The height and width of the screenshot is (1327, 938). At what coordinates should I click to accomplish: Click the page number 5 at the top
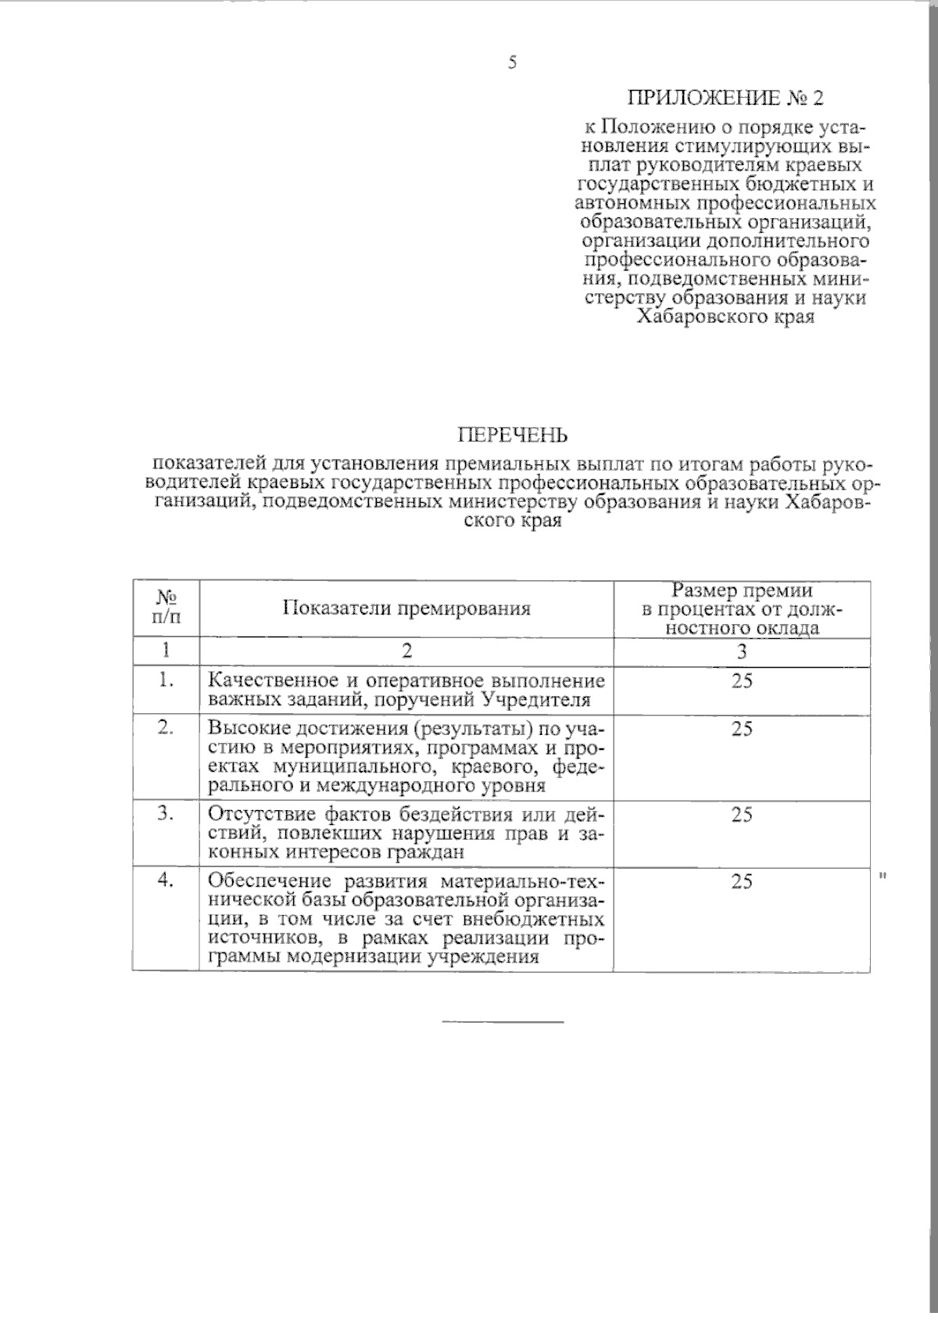512,63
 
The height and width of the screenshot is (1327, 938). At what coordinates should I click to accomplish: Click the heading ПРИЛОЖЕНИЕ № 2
725,99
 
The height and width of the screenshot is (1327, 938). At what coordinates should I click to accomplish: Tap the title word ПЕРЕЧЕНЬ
513,434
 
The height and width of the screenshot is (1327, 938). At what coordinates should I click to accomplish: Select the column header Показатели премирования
406,608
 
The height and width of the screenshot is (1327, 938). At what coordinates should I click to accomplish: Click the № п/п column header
166,608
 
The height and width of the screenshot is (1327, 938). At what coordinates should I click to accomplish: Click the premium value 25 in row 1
742,681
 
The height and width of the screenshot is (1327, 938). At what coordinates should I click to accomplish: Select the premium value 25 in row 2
742,729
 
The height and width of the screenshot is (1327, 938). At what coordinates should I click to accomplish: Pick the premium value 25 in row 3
742,815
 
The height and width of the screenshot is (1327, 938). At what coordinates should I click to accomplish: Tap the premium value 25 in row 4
742,881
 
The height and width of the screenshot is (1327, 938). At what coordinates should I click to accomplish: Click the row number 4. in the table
165,880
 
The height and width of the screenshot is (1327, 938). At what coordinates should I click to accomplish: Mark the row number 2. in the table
165,727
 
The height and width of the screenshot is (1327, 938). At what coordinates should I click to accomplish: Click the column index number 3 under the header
742,652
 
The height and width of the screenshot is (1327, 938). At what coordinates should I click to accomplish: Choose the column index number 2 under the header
406,652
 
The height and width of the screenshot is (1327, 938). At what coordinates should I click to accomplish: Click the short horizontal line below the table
503,1021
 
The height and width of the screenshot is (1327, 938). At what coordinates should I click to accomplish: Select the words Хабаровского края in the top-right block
725,317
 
